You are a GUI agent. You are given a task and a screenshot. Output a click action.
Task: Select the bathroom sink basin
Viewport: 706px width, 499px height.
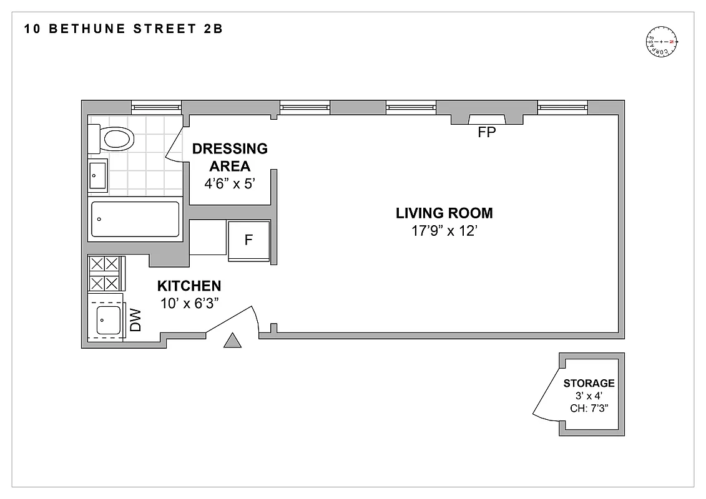coord(97,176)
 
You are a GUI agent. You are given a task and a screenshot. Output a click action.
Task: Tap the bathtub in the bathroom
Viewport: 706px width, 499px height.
coord(135,219)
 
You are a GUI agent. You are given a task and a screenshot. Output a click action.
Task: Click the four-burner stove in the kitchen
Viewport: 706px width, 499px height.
coord(104,273)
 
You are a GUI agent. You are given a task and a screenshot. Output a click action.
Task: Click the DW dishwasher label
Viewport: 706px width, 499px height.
coord(135,321)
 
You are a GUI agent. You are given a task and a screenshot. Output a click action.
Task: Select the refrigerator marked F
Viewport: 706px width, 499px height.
coord(248,240)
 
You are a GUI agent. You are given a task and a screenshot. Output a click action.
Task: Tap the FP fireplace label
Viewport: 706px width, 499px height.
coord(486,132)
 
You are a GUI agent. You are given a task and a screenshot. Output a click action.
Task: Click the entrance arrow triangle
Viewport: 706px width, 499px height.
coord(232,340)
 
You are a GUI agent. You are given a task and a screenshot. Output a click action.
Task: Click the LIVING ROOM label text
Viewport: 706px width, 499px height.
coord(444,213)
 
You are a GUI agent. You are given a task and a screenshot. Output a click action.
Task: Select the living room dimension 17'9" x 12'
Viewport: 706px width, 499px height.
coord(444,231)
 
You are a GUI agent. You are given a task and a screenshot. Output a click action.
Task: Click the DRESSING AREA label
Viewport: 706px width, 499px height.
coord(230,157)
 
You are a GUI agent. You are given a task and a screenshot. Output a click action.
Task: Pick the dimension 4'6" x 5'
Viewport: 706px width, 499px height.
coord(230,185)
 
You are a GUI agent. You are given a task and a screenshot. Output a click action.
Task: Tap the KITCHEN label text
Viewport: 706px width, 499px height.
coord(189,286)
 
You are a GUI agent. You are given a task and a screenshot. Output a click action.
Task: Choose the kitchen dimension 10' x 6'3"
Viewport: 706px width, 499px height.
coord(189,303)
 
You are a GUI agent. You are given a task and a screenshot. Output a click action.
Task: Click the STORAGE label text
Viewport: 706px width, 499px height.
coord(589,383)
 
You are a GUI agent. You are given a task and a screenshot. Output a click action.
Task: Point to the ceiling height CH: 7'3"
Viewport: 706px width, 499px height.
coord(589,409)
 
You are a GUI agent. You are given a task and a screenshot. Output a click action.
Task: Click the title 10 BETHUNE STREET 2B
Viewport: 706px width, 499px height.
coord(123,29)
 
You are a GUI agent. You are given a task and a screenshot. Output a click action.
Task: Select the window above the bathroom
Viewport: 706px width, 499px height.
coord(156,107)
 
